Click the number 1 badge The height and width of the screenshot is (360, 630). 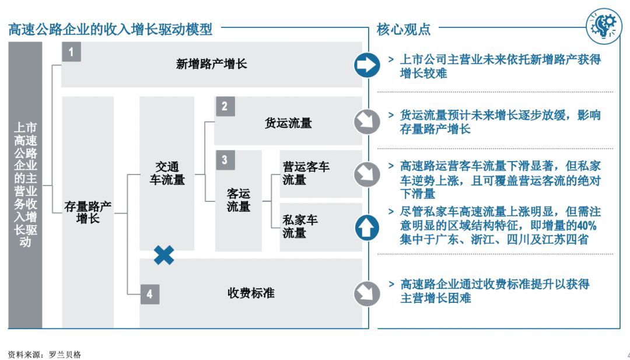[71, 52]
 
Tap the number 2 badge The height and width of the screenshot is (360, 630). [225, 106]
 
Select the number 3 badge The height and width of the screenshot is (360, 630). [225, 160]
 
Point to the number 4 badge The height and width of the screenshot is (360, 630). [149, 294]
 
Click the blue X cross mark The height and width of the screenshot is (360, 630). [164, 254]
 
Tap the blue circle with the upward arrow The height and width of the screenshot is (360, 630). [367, 228]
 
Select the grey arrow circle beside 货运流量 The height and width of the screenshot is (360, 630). [367, 121]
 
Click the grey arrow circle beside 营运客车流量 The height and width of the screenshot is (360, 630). [367, 173]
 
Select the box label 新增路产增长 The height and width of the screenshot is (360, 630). [212, 64]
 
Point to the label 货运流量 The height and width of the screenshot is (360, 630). [288, 123]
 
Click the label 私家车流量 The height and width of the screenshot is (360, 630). [300, 226]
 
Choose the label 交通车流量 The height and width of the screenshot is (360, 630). [167, 173]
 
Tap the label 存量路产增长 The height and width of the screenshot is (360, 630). [88, 212]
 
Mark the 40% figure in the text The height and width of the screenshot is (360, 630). [584, 226]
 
